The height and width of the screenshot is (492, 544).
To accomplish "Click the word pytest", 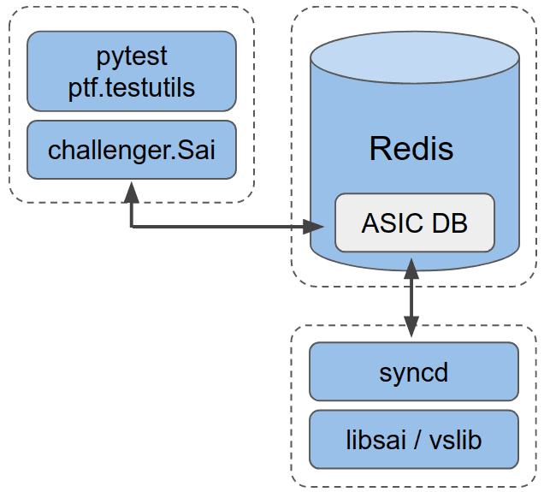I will tap(131, 57).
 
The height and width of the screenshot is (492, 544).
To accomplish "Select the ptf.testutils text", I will tap(131, 87).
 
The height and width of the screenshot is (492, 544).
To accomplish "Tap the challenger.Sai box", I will tap(131, 150).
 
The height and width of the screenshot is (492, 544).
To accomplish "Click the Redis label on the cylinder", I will tap(411, 149).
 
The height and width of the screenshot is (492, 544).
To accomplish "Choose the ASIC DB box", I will tap(414, 222).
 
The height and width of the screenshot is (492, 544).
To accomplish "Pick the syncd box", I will tap(414, 372).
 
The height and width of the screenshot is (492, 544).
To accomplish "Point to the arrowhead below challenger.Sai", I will tap(131, 190).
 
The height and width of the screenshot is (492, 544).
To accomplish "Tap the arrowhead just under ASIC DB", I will tap(411, 264).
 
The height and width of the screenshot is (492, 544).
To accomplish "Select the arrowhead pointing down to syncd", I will tap(411, 326).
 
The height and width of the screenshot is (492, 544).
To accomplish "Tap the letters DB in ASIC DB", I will tap(450, 222).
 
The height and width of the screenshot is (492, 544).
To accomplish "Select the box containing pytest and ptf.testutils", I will tap(131, 72).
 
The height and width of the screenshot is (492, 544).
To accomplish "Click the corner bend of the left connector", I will tap(131, 227).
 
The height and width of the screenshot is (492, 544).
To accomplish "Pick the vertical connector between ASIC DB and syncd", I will tap(411, 295).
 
